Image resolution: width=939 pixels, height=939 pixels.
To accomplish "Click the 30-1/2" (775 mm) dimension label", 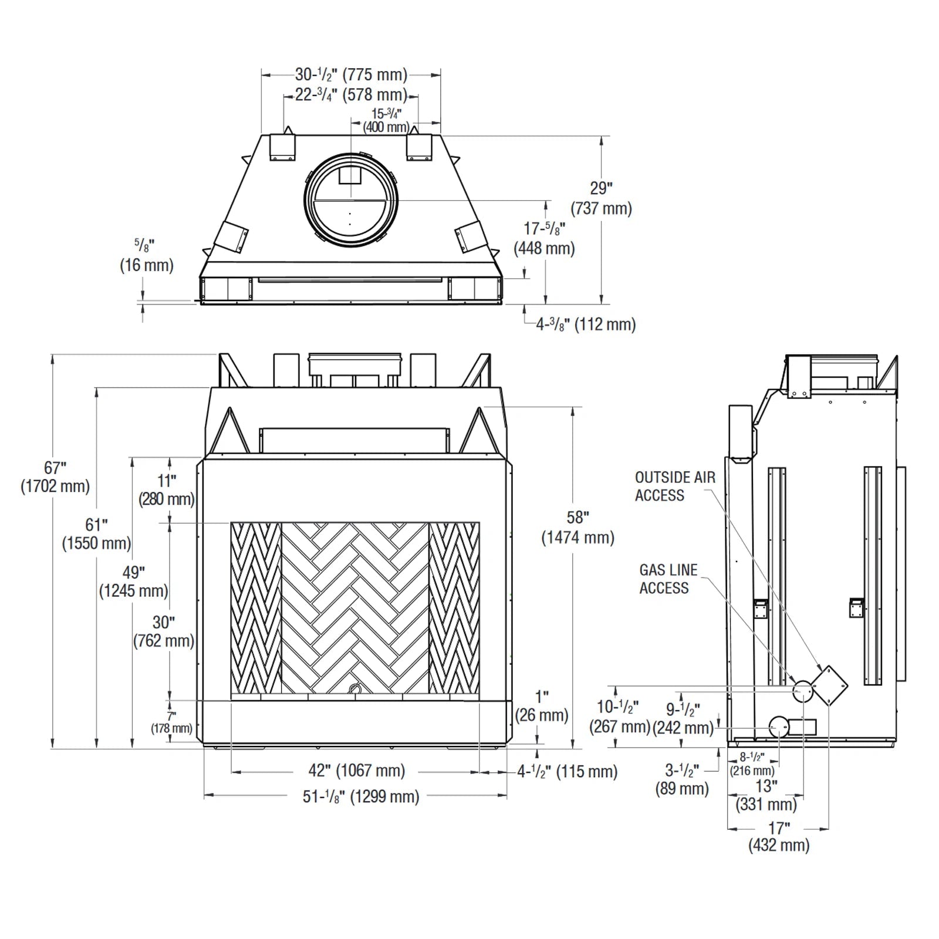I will [x=351, y=75].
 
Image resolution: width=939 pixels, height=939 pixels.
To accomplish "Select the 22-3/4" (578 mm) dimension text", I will [x=351, y=95].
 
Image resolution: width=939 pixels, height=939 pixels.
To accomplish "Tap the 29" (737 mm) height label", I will [x=601, y=198].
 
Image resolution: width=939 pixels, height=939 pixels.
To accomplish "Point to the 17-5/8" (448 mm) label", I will [x=544, y=238].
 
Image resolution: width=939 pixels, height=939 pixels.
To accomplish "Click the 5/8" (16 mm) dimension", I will [x=146, y=256].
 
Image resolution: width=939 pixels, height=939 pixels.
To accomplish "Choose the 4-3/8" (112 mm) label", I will [x=585, y=325].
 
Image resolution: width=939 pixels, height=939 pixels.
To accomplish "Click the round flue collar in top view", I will [x=350, y=200].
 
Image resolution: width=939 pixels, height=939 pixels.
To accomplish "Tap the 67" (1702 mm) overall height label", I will [x=55, y=477].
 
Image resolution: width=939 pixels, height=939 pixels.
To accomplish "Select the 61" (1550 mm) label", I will [x=96, y=533].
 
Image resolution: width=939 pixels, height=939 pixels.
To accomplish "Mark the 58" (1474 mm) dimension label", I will [x=577, y=527].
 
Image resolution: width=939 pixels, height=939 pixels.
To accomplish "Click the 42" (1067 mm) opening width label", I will [x=356, y=771].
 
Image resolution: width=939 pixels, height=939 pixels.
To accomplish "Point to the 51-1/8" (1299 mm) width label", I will [x=361, y=797].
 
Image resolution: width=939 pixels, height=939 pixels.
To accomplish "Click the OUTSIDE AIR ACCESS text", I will [x=675, y=487].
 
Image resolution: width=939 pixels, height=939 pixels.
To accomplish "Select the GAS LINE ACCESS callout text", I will [x=668, y=579].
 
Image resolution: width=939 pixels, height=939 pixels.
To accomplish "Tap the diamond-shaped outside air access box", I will [x=829, y=685].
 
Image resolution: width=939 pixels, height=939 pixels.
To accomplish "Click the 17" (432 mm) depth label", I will [x=779, y=837].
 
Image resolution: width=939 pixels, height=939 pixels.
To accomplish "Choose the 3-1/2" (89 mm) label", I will [x=682, y=779].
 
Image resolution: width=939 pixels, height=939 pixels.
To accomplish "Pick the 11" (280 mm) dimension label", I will [x=166, y=490].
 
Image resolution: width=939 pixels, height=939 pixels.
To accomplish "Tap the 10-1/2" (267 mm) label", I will [x=619, y=717].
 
